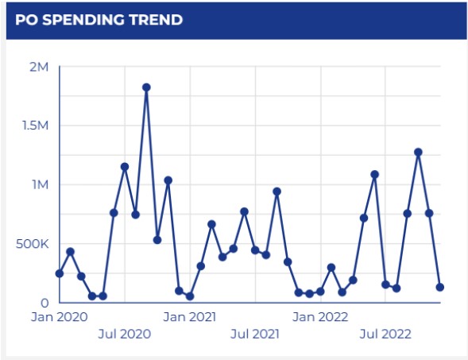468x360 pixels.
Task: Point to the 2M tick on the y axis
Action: [x=39, y=67]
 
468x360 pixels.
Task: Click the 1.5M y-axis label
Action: [x=35, y=126]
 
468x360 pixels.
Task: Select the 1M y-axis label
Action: [x=39, y=184]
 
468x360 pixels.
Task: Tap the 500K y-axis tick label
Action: [x=32, y=243]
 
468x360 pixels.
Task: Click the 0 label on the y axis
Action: [x=44, y=303]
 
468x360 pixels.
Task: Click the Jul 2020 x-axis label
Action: [x=124, y=334]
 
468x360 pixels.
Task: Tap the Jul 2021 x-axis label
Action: [x=254, y=334]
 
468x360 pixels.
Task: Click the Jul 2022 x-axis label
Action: [x=385, y=334]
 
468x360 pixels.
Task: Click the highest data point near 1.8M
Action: [x=146, y=87]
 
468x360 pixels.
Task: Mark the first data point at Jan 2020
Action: [x=60, y=273]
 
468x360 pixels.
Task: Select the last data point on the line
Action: [x=439, y=287]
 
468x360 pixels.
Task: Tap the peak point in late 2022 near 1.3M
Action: [x=418, y=152]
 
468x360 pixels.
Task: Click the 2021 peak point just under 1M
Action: [x=277, y=192]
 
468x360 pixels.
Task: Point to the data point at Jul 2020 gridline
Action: [x=125, y=167]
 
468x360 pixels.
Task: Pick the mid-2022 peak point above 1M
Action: [x=374, y=174]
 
